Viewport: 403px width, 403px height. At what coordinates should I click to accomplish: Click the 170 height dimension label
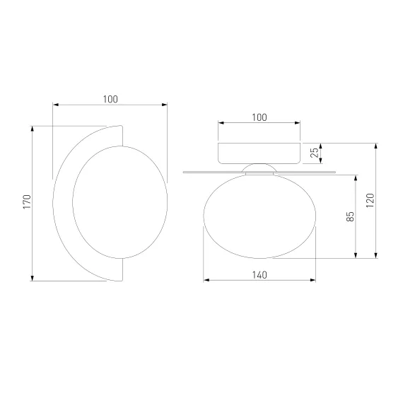tap(27, 201)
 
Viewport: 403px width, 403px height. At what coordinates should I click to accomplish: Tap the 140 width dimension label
tap(259, 275)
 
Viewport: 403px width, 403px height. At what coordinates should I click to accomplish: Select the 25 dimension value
tap(315, 153)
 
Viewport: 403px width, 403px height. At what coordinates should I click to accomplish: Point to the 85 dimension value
tap(350, 216)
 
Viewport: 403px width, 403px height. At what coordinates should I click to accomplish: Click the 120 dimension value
tap(370, 201)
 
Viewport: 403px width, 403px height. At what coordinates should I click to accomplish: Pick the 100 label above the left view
tap(110, 99)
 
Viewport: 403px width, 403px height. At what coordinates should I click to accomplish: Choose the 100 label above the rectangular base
tap(259, 117)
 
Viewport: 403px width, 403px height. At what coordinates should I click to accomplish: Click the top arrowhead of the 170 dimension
tap(32, 129)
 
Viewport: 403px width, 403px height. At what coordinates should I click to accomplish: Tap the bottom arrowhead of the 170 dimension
tap(32, 278)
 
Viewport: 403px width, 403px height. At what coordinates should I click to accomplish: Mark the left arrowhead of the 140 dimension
tap(206, 280)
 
